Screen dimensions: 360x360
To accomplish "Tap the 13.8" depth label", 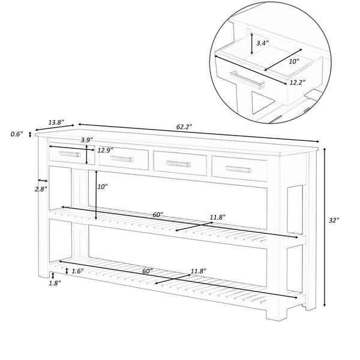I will tap(55, 122).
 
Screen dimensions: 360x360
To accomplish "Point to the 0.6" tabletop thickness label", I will tap(16, 134).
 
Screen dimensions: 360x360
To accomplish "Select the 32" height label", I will tap(334, 221).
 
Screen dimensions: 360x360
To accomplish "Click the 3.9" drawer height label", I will tap(88, 140).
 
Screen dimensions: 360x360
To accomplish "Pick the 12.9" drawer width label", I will tap(106, 150).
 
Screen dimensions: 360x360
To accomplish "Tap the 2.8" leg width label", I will tap(41, 188).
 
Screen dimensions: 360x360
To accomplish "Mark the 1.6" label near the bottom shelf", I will tap(76, 271).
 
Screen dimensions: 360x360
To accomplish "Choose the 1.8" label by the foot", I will tap(55, 283).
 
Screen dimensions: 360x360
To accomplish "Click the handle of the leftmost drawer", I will tap(70, 154).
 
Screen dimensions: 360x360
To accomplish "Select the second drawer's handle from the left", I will tap(124, 158).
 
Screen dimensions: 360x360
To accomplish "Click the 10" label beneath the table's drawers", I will tap(103, 187).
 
